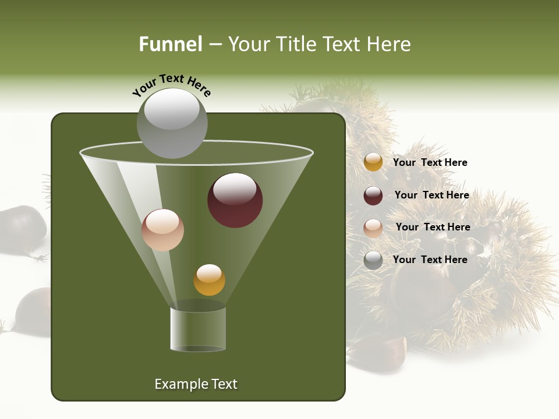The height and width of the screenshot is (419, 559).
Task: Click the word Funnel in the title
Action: pos(170,44)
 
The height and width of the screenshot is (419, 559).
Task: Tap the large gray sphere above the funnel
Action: pos(172,123)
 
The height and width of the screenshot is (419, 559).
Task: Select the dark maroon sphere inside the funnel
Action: pos(235,200)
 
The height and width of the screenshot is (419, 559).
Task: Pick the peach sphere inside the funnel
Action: pos(162,230)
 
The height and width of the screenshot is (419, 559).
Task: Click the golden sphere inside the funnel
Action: pos(209,280)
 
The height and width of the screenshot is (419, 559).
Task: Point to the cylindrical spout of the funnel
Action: pos(198,329)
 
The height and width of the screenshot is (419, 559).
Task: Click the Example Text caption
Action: pos(196,384)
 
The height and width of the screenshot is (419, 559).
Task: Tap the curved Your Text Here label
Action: pos(171,85)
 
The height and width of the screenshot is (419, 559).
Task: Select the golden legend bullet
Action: pos(373,162)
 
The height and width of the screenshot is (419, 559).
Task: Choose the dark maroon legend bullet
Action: pos(373,196)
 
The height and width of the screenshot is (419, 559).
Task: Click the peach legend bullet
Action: pos(373,228)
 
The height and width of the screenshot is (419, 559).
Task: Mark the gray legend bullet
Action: pos(373,260)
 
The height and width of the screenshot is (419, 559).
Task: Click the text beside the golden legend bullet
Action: pos(430,162)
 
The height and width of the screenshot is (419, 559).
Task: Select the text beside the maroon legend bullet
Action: pos(431,195)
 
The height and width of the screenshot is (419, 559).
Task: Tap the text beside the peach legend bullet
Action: pos(433,227)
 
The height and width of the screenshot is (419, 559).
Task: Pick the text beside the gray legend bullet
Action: pos(430,260)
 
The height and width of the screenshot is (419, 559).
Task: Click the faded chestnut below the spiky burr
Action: pos(377,353)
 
